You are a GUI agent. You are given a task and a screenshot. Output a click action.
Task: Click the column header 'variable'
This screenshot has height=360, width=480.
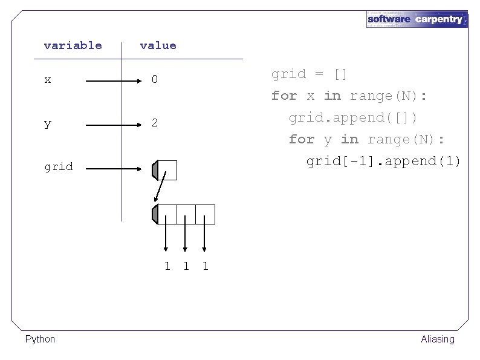[x=73, y=45]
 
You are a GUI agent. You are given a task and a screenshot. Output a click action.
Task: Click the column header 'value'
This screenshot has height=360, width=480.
[x=158, y=45]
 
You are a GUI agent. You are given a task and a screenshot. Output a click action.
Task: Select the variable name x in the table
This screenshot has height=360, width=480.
[x=48, y=79]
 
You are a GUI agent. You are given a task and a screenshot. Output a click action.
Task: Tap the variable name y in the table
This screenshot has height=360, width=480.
[x=48, y=123]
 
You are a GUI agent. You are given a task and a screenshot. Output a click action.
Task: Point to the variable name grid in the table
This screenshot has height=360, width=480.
[x=59, y=166]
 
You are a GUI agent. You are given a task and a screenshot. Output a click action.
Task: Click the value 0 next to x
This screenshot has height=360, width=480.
[x=155, y=79]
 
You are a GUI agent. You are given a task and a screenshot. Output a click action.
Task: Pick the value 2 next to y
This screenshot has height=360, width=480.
[x=155, y=123]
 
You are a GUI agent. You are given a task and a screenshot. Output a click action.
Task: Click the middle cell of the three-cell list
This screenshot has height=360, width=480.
[x=186, y=214]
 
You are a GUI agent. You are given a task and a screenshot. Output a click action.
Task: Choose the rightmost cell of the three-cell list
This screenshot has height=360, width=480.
[x=205, y=214]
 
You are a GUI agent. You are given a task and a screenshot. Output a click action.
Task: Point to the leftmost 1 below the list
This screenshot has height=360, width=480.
[x=167, y=266]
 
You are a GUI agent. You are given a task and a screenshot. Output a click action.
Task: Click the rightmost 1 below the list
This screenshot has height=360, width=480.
[x=206, y=266]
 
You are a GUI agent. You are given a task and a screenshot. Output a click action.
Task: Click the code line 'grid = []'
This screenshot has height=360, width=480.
[x=309, y=74]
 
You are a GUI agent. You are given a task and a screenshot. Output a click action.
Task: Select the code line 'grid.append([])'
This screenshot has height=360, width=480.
[x=353, y=117]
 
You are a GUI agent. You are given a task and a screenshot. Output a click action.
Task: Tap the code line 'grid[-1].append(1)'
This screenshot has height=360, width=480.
[x=383, y=161]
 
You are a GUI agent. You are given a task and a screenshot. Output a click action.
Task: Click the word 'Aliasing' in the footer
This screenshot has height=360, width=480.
[x=437, y=339]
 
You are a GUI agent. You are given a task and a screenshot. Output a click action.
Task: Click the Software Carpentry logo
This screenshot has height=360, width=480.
[x=417, y=19]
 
